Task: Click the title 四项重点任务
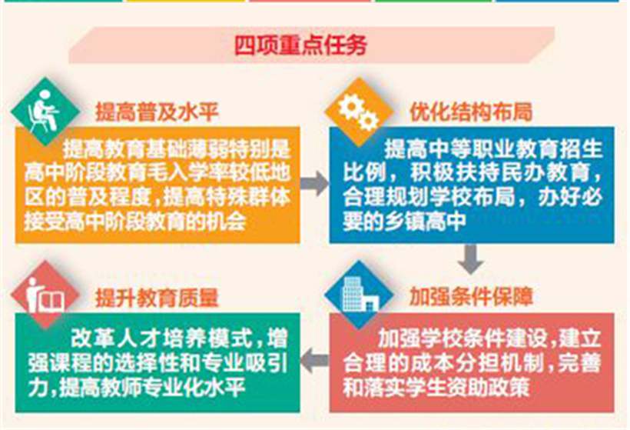tap(300, 45)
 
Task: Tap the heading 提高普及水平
tap(157, 112)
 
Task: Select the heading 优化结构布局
tap(471, 112)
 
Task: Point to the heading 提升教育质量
tap(157, 298)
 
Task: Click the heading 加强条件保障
tap(471, 297)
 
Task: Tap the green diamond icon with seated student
tap(45, 112)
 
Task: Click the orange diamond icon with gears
tap(359, 112)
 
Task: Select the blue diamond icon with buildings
tap(359, 295)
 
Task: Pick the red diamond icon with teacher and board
tap(45, 295)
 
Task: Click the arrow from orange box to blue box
tap(314, 183)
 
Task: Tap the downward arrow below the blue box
tap(471, 258)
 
